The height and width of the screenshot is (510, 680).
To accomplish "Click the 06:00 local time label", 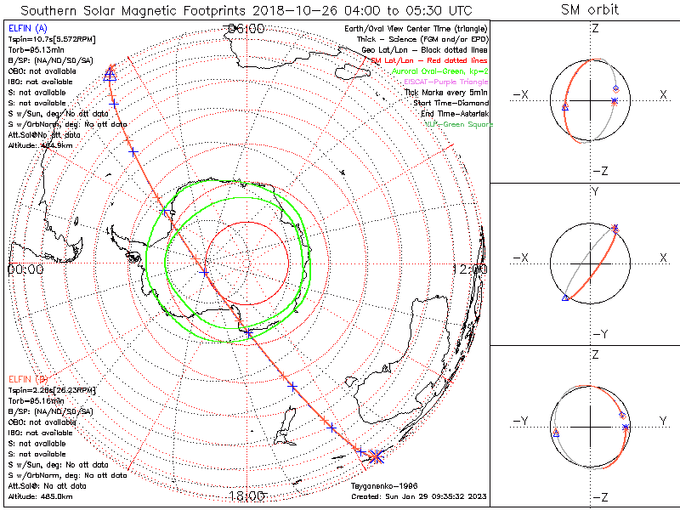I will pyautogui.click(x=246, y=29).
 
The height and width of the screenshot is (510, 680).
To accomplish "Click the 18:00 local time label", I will pyautogui.click(x=246, y=496).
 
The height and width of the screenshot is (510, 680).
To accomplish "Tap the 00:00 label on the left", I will pyautogui.click(x=25, y=269).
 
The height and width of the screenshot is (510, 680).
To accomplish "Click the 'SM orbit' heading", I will pyautogui.click(x=590, y=10).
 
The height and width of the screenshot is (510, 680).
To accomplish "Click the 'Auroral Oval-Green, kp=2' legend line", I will pyautogui.click(x=439, y=71).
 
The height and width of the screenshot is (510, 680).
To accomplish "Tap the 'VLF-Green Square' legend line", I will pyautogui.click(x=458, y=124).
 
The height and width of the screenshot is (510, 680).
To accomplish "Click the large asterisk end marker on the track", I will pyautogui.click(x=377, y=456).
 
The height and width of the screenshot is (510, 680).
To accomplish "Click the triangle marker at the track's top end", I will pyautogui.click(x=109, y=75).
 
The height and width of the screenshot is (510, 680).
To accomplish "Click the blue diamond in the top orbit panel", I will pyautogui.click(x=615, y=88).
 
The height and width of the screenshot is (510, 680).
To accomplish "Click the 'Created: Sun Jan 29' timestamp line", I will pyautogui.click(x=419, y=496).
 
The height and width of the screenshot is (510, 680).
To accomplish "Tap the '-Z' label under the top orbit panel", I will pyautogui.click(x=599, y=171).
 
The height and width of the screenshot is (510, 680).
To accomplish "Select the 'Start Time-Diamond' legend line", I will pyautogui.click(x=449, y=103).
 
